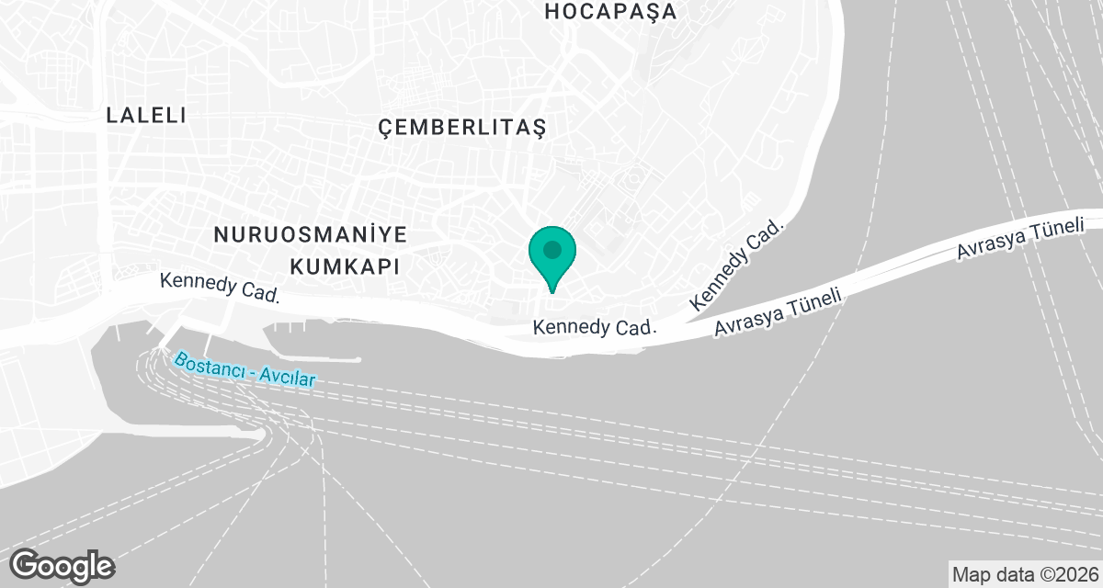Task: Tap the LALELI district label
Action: [x=146, y=116]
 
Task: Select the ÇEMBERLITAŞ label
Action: [x=462, y=128]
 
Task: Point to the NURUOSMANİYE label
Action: [x=310, y=234]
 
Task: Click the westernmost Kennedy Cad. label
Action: [x=219, y=288]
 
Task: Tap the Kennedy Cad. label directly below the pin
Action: [x=594, y=327]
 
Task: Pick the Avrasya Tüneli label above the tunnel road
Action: [x=1020, y=238]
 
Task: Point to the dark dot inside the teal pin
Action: [x=552, y=249]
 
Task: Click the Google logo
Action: [x=63, y=565]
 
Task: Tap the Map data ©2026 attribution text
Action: [x=1024, y=574]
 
